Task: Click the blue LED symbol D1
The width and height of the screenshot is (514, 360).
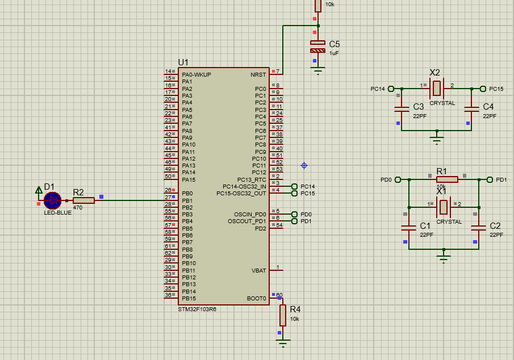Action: click(52, 200)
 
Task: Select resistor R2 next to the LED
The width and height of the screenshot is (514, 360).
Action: click(83, 200)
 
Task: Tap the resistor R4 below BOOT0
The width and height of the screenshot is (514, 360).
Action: click(282, 315)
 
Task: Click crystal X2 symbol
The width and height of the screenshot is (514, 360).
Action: click(436, 89)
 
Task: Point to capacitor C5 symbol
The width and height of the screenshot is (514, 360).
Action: click(318, 47)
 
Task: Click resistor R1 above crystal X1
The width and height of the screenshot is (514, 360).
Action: click(447, 179)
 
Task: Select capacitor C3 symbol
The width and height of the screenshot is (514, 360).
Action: click(402, 108)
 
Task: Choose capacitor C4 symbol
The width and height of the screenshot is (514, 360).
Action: click(471, 108)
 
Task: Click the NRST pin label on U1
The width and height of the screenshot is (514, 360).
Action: click(258, 75)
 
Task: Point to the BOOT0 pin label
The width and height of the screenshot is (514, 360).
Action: click(256, 299)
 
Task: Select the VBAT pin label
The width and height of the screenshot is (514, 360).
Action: click(258, 271)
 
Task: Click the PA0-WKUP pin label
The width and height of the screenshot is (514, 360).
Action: click(197, 75)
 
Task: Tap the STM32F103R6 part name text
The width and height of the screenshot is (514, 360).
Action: click(197, 309)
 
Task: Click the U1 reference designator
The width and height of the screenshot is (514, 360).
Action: click(183, 62)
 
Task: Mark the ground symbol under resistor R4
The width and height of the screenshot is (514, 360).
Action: click(282, 342)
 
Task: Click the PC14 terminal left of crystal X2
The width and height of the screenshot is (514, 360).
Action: click(391, 89)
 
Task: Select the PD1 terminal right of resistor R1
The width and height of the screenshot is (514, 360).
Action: click(491, 179)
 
